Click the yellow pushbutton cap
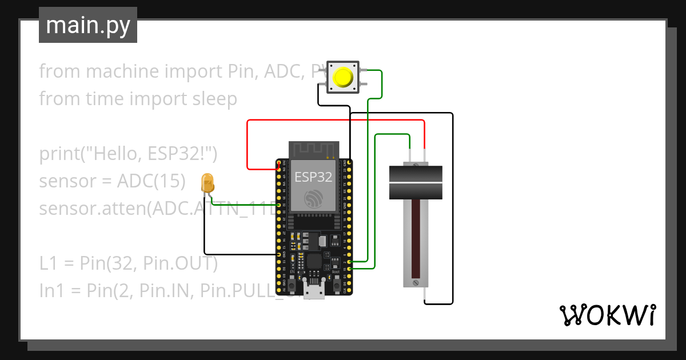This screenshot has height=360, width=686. point(342,77)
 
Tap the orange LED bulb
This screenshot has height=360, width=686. point(208,183)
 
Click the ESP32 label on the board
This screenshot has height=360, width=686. point(313,177)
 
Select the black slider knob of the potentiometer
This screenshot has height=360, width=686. point(416,182)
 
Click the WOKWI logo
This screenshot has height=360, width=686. point(607,315)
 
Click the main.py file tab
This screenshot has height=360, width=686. point(88,26)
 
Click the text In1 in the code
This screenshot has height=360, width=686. point(52,290)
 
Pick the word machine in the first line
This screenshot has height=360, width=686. point(119,71)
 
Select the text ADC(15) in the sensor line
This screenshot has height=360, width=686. point(151,181)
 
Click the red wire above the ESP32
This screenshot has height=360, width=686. point(335,121)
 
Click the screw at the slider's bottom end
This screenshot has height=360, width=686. point(416,282)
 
